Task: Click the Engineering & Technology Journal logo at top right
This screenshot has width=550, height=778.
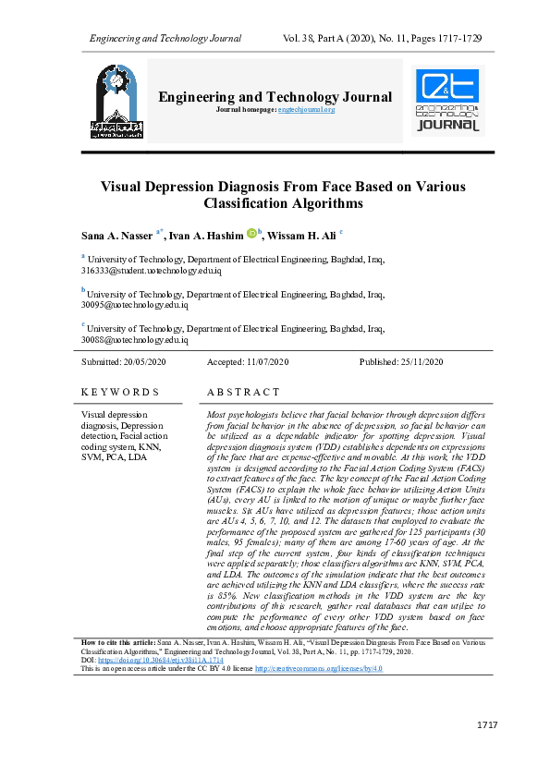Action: (x=447, y=102)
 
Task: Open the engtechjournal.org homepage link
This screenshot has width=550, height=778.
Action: (x=306, y=110)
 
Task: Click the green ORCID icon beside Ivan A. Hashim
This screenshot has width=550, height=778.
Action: (x=251, y=234)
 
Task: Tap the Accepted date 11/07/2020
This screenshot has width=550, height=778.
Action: (x=262, y=361)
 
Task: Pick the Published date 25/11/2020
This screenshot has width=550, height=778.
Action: (x=416, y=361)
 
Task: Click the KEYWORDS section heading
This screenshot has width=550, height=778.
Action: (x=120, y=393)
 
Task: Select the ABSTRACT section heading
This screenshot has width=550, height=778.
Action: (x=243, y=393)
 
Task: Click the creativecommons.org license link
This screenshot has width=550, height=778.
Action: (x=318, y=668)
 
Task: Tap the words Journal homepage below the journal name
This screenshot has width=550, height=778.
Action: (x=245, y=110)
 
